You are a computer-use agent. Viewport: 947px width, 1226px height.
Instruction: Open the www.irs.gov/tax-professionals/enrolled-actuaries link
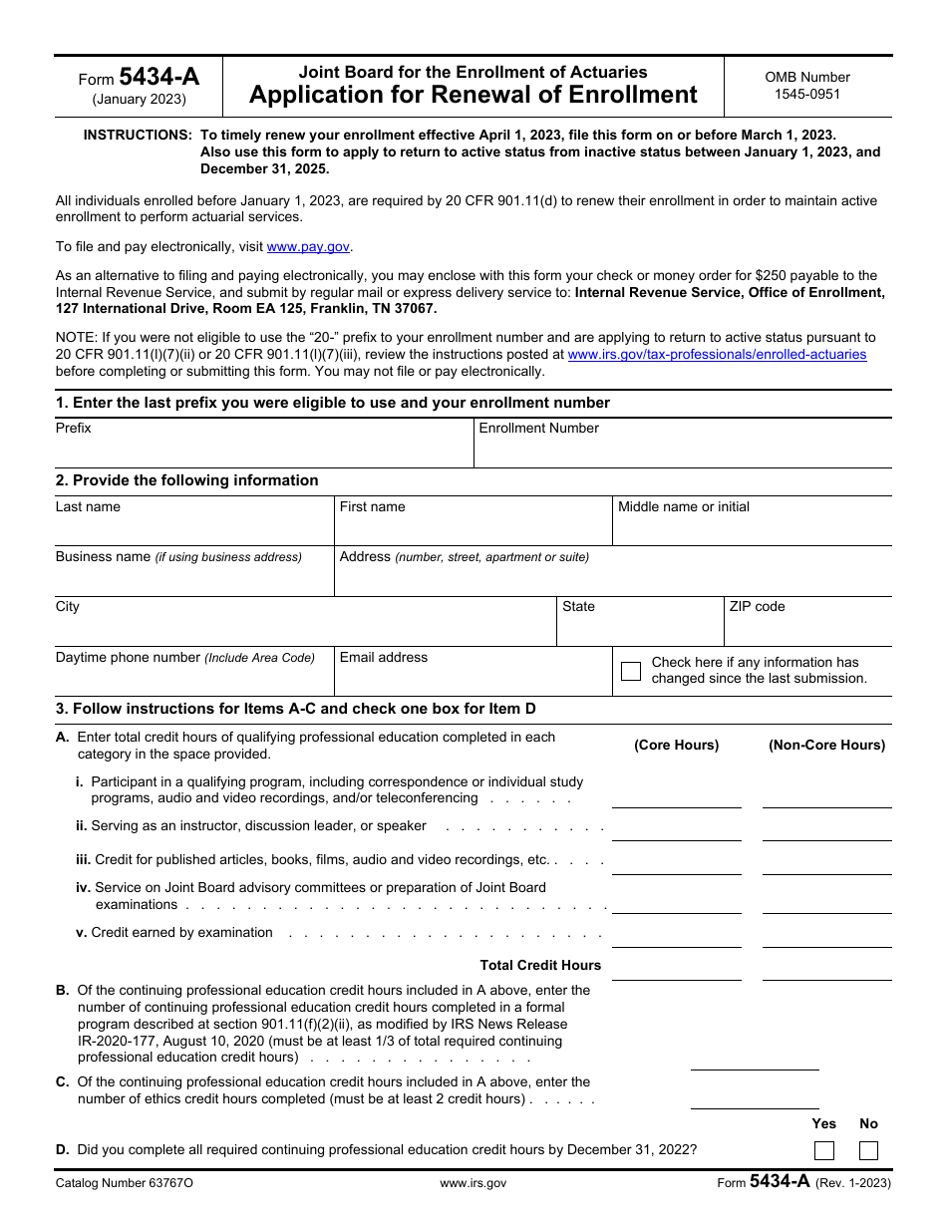pyautogui.click(x=717, y=355)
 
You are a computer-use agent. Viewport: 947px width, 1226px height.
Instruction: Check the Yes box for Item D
pyautogui.click(x=824, y=1151)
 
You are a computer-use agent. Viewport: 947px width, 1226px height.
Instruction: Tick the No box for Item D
pyautogui.click(x=868, y=1151)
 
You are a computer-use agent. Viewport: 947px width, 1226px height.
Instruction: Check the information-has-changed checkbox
pyautogui.click(x=631, y=671)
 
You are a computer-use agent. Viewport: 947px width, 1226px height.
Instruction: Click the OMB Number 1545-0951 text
pyautogui.click(x=807, y=86)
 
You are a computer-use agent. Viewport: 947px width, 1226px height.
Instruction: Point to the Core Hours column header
pyautogui.click(x=677, y=746)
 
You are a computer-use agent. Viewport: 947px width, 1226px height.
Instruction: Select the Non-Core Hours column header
pyautogui.click(x=826, y=746)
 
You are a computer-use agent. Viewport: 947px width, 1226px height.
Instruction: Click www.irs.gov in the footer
pyautogui.click(x=473, y=1183)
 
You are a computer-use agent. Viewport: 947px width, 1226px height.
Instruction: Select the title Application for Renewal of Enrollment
pyautogui.click(x=473, y=96)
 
